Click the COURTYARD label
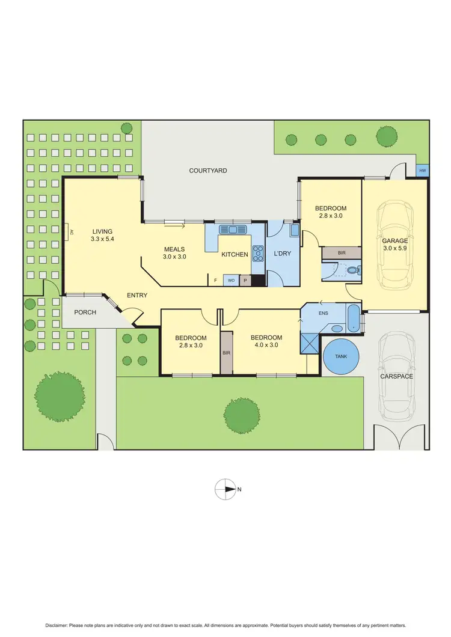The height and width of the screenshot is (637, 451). click(208, 171)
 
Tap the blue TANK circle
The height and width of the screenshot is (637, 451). click(340, 356)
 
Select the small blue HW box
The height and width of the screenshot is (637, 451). click(423, 171)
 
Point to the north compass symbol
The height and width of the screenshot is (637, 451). click(226, 489)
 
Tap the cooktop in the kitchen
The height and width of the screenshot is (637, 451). click(258, 254)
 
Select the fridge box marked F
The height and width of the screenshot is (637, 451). click(215, 280)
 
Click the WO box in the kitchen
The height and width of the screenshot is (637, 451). click(231, 280)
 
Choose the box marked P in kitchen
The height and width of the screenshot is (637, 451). click(245, 280)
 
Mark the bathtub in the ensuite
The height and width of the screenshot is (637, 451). click(353, 318)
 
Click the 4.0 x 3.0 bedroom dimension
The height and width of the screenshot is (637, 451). click(266, 345)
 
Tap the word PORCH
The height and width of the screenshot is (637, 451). click(85, 312)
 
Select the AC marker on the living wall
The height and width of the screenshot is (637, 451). click(71, 231)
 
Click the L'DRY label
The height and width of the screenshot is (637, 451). click(282, 254)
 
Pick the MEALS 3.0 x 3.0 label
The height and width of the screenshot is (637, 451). click(174, 252)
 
